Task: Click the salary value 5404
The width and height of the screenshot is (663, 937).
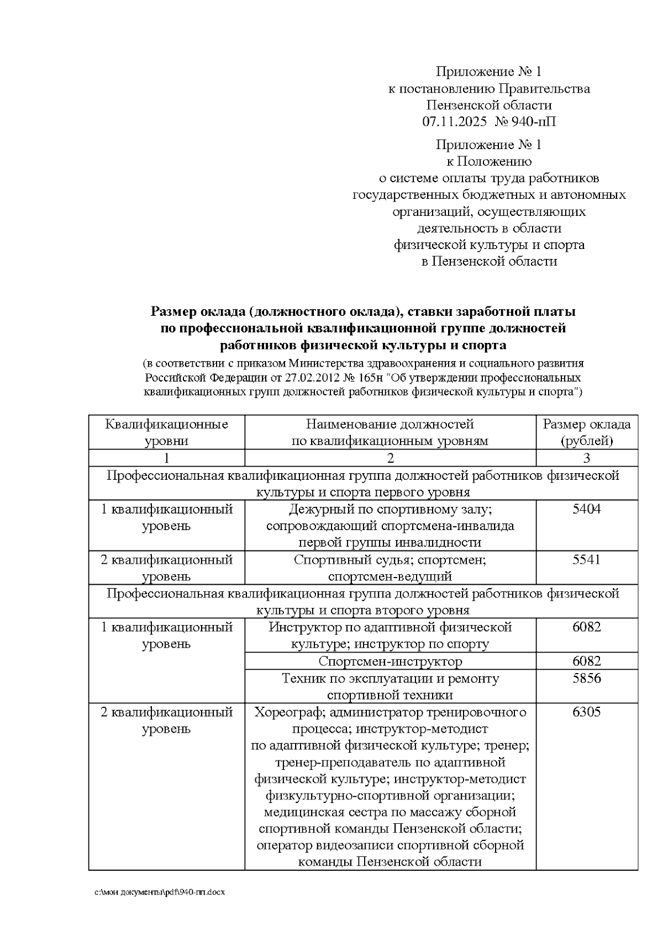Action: click(x=586, y=509)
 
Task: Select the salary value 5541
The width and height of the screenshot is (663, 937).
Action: click(x=586, y=560)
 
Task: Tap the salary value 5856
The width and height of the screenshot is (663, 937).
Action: click(x=586, y=678)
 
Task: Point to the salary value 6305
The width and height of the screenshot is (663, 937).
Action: click(x=586, y=712)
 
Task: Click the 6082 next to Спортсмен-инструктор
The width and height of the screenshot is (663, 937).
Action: click(x=586, y=661)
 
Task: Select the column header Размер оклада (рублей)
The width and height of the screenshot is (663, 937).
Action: click(x=586, y=432)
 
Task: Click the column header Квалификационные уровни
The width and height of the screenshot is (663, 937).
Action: click(x=166, y=432)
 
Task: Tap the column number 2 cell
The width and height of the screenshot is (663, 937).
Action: click(x=390, y=458)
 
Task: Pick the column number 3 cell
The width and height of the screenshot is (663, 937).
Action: click(x=586, y=458)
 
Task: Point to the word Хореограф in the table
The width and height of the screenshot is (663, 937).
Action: click(x=287, y=712)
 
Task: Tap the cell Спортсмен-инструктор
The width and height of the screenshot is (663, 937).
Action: click(x=390, y=661)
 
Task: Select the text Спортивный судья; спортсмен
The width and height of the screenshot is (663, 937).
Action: click(x=390, y=560)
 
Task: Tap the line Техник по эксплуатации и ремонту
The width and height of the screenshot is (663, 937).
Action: click(x=390, y=678)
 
